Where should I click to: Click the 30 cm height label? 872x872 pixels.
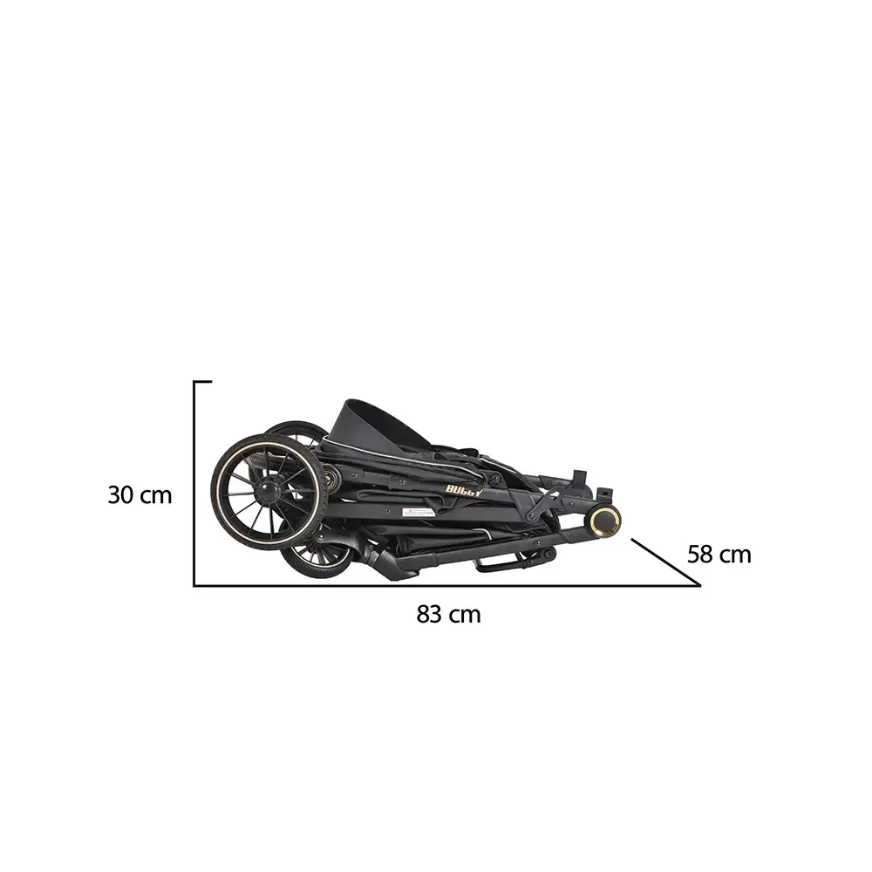[x=140, y=495]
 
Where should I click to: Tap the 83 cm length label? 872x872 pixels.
[x=448, y=614]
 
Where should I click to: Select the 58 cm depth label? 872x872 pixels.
[x=719, y=555]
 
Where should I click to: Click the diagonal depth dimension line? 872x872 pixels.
[x=665, y=562]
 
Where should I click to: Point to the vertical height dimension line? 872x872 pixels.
[x=194, y=484]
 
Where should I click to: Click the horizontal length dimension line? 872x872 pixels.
[x=445, y=585]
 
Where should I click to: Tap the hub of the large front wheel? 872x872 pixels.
[x=269, y=492]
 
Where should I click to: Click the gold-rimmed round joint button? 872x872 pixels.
[x=603, y=521]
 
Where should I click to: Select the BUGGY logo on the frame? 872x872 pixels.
[x=464, y=489]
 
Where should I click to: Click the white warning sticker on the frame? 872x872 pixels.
[x=418, y=512]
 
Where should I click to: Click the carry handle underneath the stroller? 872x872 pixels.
[x=511, y=563]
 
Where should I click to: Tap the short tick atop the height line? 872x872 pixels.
[x=202, y=382]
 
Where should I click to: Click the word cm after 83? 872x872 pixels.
[x=466, y=614]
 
